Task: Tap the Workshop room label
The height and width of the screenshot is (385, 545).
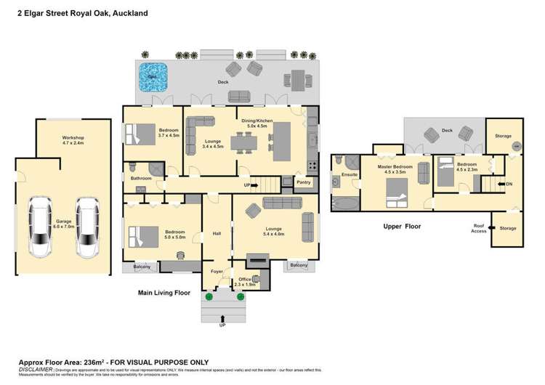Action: click(73, 140)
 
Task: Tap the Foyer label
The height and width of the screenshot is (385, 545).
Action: click(217, 271)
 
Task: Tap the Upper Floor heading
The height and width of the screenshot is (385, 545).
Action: click(402, 226)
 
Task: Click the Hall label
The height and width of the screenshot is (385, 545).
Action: click(217, 234)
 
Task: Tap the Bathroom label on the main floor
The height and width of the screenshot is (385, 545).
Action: click(141, 178)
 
